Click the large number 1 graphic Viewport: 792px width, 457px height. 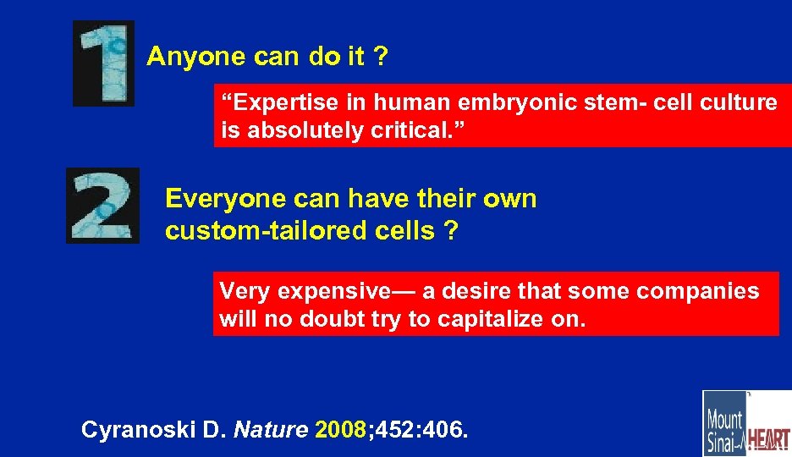coord(103,63)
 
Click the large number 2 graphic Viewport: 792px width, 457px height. coord(102,206)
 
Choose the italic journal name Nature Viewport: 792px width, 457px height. coord(269,430)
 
